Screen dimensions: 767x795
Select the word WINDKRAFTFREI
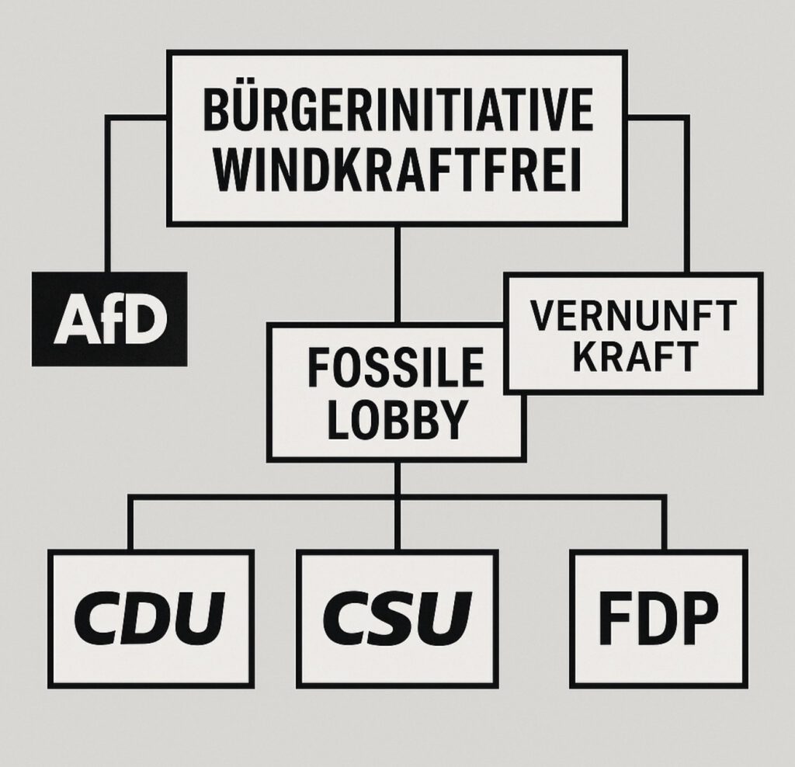(397, 172)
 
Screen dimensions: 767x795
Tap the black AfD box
(109, 319)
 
